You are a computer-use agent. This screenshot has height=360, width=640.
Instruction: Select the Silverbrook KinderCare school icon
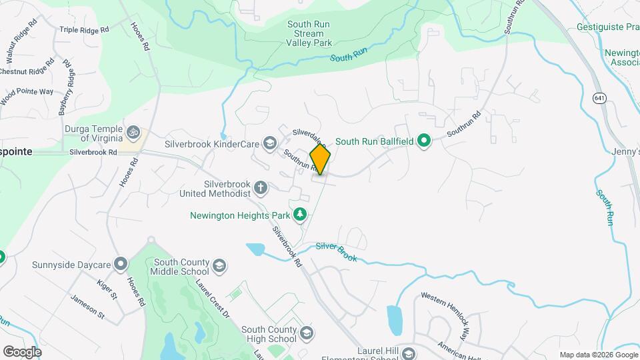(x=269, y=142)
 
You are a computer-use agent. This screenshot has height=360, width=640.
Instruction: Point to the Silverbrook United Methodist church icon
(x=261, y=187)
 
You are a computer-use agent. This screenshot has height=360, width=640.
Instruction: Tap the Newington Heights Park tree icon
(x=301, y=214)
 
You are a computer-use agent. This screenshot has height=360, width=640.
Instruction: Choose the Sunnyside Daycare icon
(x=121, y=265)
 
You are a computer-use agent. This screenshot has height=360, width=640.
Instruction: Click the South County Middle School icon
(x=218, y=267)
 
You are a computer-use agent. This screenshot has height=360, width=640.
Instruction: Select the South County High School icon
(x=307, y=333)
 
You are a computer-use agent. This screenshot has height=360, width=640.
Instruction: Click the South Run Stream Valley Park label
(x=309, y=33)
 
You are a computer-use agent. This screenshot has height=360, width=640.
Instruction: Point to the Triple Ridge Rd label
(x=84, y=29)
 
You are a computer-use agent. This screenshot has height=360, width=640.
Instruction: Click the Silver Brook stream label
(x=337, y=251)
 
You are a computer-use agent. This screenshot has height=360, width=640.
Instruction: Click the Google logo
(x=22, y=351)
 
